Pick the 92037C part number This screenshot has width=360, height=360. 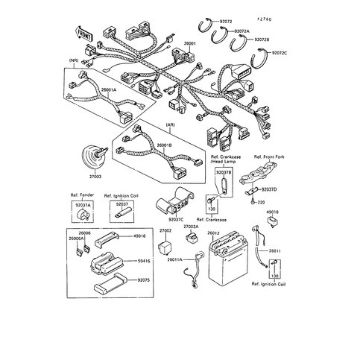175,221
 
